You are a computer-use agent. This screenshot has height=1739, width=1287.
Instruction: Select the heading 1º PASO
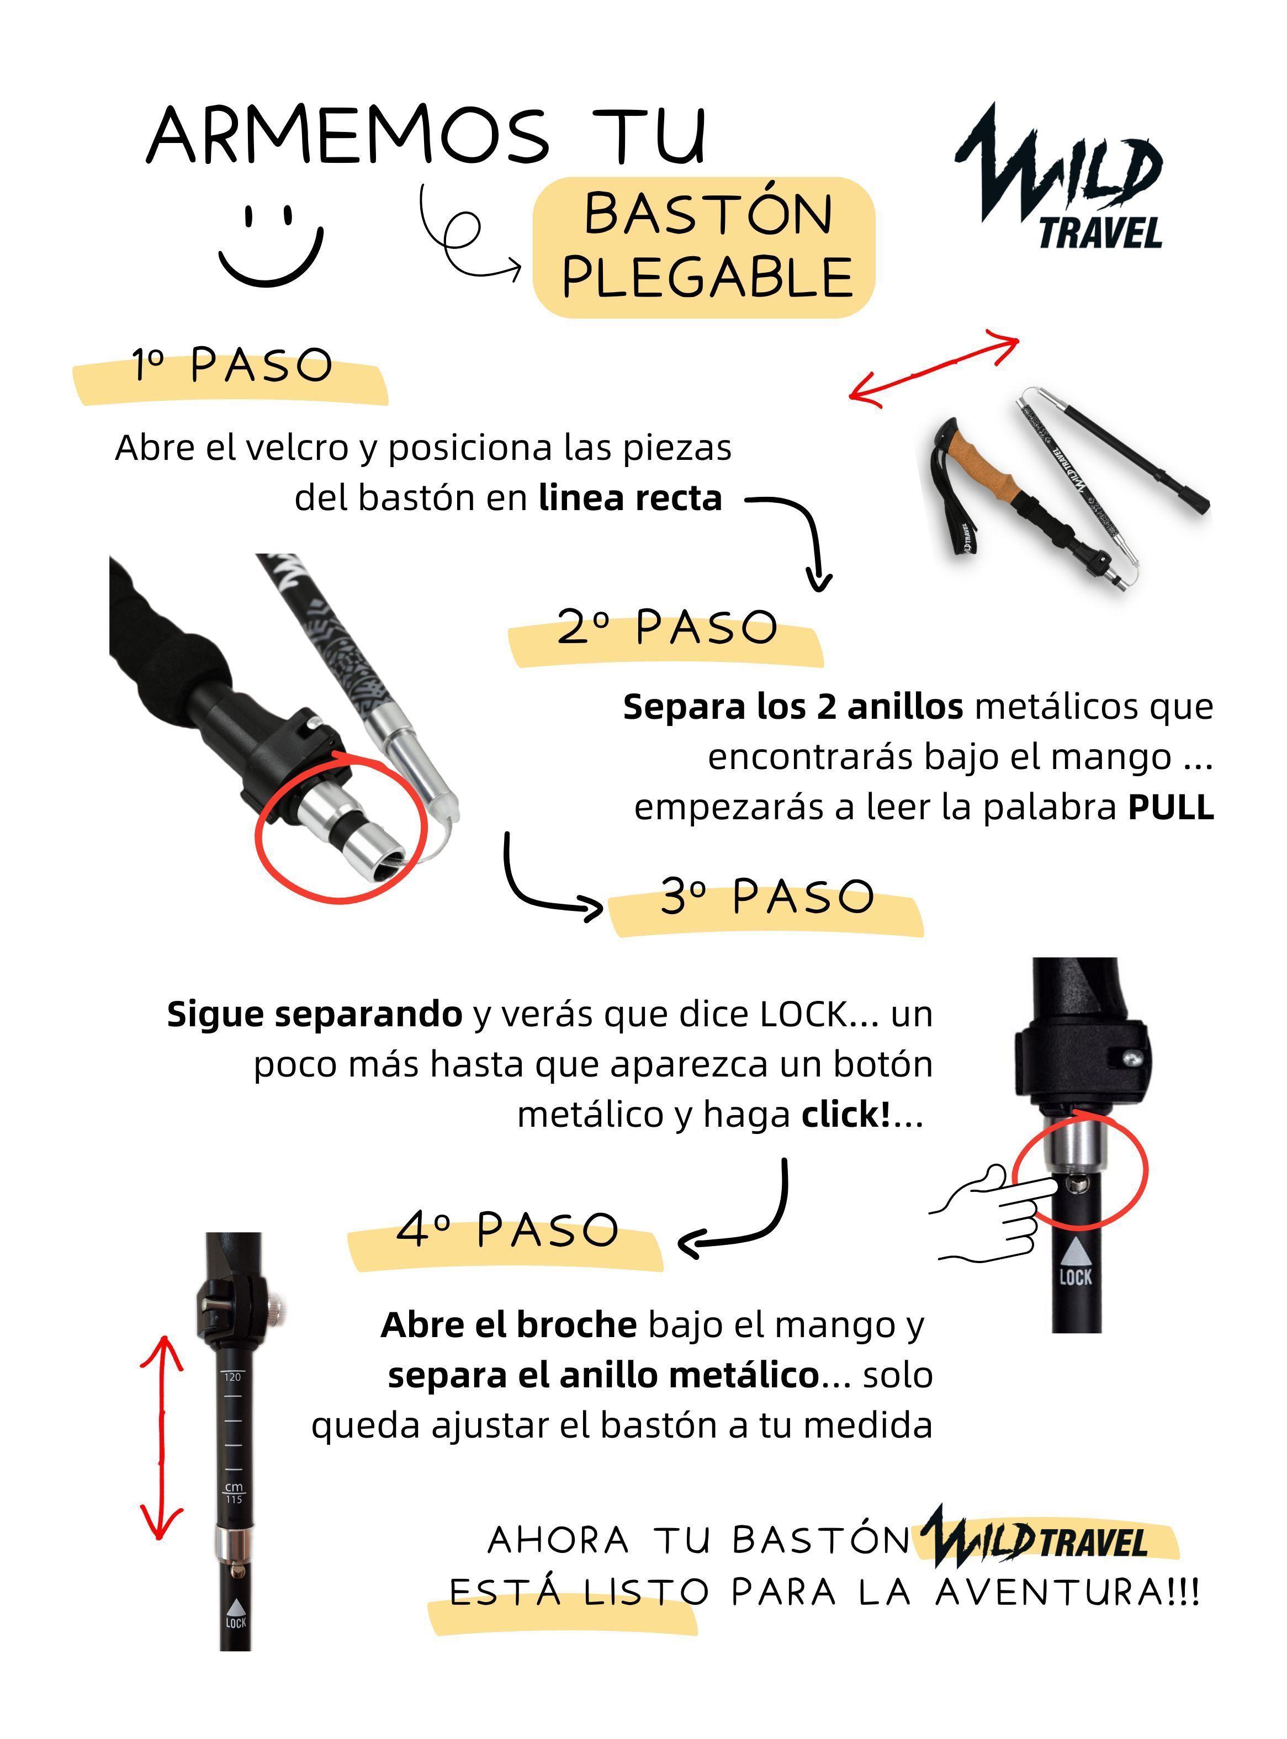(x=231, y=365)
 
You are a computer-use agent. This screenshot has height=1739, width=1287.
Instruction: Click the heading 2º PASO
(x=667, y=628)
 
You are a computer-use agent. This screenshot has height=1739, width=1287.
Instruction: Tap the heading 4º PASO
(x=507, y=1231)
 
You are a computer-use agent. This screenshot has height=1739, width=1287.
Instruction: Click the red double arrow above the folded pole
(x=933, y=368)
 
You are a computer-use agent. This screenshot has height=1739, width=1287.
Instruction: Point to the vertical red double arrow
(x=161, y=1437)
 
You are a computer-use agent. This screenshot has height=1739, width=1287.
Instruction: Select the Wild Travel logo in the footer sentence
(x=1036, y=1542)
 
